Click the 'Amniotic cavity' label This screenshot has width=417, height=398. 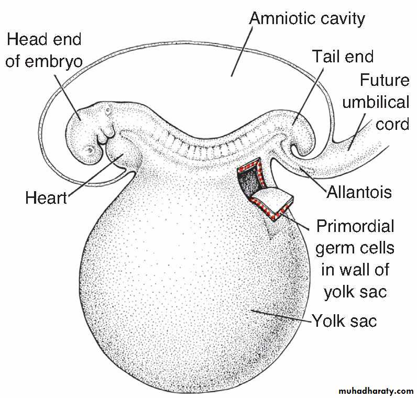[x=307, y=19]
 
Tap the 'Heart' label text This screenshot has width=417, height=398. [x=46, y=198]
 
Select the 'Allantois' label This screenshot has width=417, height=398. [x=359, y=192]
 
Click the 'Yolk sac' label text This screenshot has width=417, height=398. [x=345, y=321]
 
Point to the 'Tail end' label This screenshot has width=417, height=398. [x=343, y=57]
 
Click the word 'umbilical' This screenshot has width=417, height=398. [x=376, y=102]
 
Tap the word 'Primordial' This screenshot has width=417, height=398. [x=355, y=226]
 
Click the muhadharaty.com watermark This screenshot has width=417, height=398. [x=376, y=391]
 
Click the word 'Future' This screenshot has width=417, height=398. [x=385, y=80]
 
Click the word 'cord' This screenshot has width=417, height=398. [x=392, y=125]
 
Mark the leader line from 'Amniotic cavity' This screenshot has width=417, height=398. [x=242, y=52]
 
